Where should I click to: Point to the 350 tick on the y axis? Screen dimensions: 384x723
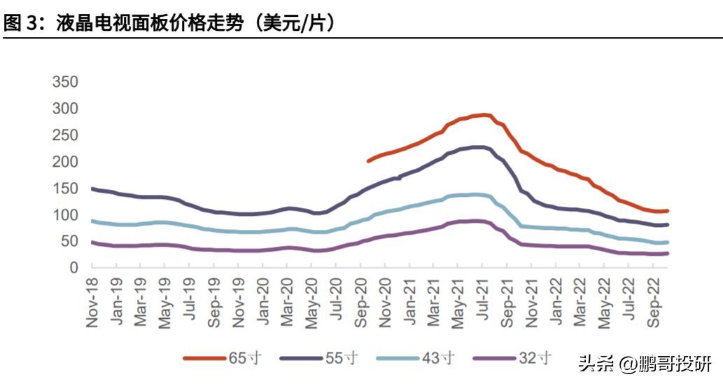pos(65,82)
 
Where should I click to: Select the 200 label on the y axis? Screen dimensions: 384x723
pos(65,162)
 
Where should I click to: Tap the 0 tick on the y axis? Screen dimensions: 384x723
pos(73,268)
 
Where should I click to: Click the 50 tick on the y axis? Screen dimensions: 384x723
pos(69,242)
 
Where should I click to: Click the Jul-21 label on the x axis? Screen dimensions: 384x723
pos(484,303)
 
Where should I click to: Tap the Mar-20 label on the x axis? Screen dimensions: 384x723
pos(287,302)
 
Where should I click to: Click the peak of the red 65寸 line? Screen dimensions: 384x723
pos(484,114)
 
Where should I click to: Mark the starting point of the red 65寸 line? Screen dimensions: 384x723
pos(368,161)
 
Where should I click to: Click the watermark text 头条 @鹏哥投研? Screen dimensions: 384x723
pos(644,363)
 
